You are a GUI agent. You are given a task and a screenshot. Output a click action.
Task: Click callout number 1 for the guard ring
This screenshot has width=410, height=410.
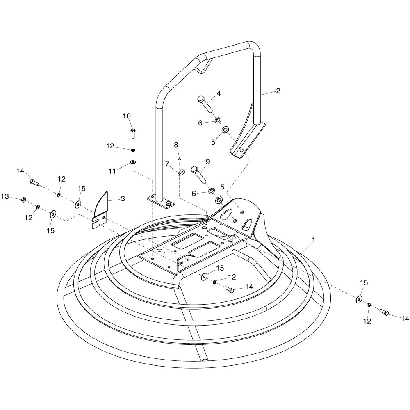click(x=314, y=238)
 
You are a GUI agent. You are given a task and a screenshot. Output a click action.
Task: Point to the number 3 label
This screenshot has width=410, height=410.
click(x=122, y=198)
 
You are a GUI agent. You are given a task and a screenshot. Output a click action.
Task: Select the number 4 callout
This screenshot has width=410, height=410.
click(x=219, y=93)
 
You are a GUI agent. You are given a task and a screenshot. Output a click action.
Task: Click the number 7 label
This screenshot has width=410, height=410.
click(x=167, y=164)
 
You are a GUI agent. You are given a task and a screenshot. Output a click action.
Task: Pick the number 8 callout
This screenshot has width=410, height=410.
click(x=176, y=144)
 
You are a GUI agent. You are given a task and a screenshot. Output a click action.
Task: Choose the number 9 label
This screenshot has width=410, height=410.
click(x=207, y=162)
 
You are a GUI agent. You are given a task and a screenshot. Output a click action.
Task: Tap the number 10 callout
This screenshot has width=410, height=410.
click(x=127, y=116)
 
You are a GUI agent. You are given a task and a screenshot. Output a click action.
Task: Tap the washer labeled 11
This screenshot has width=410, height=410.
click(x=133, y=162)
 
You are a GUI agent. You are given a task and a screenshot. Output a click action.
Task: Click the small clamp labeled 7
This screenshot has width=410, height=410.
click(x=181, y=172)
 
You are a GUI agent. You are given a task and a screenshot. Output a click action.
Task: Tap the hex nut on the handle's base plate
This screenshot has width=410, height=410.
click(x=168, y=204)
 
